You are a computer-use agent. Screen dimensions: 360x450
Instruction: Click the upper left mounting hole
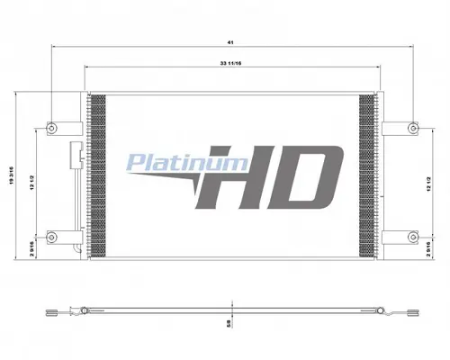54,124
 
